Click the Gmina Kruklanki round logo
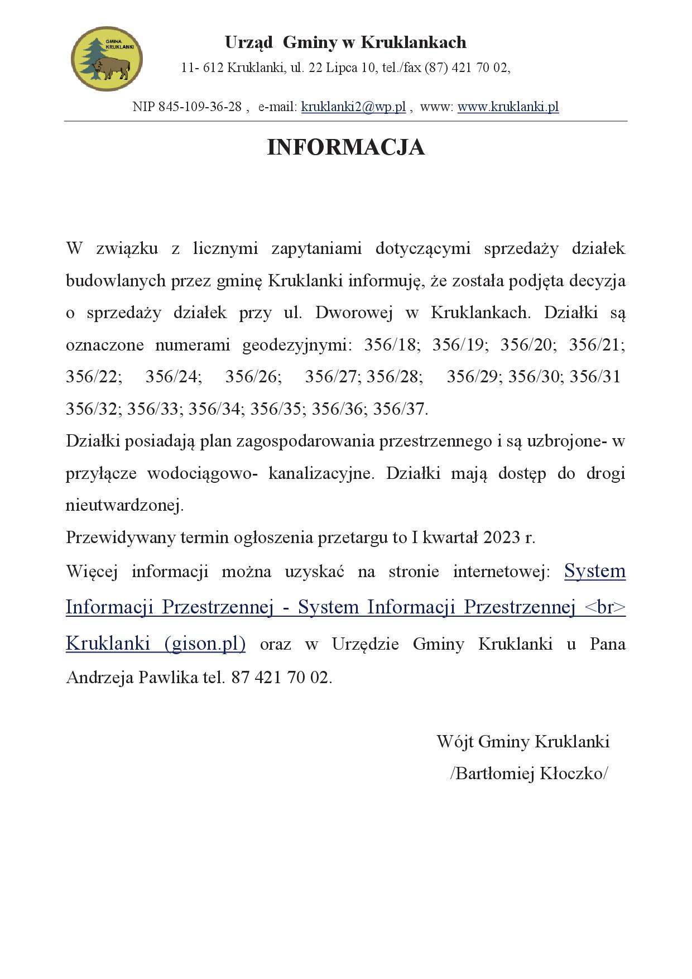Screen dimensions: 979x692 (107, 59)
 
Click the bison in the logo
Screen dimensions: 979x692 (116, 67)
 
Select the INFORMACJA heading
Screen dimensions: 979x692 (345, 147)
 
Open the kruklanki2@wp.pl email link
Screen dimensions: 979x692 (353, 107)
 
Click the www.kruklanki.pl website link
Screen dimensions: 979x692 (508, 107)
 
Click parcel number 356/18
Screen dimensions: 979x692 (390, 345)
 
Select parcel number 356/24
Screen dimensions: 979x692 (172, 377)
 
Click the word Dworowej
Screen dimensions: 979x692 (359, 313)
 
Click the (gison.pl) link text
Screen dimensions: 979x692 (205, 644)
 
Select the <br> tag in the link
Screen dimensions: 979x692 (605, 607)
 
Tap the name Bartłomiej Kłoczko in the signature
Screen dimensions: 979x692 (529, 774)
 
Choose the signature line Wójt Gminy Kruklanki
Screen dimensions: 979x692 (522, 742)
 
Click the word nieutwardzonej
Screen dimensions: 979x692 (124, 506)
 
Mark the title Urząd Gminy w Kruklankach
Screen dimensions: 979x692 (345, 42)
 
